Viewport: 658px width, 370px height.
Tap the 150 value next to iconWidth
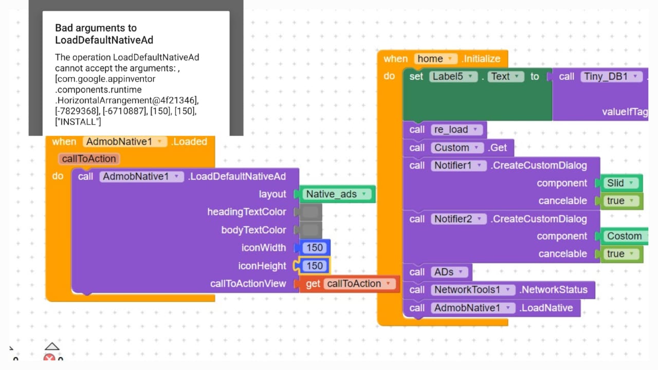coord(315,248)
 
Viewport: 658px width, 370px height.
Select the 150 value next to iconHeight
coord(315,266)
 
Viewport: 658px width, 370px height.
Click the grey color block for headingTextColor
coord(310,212)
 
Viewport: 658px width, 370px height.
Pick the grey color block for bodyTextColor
coord(310,230)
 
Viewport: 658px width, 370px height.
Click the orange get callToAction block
coord(350,284)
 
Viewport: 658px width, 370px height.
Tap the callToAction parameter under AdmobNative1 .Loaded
coord(89,159)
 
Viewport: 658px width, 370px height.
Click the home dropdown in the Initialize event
coord(435,59)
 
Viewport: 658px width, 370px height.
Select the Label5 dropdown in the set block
coord(453,77)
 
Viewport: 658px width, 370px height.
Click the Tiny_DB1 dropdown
coord(611,77)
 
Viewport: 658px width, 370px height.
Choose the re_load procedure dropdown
coord(456,129)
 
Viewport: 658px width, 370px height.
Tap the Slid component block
coord(621,183)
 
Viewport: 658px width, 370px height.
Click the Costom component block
coord(625,236)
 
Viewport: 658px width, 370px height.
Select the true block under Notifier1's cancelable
coord(621,201)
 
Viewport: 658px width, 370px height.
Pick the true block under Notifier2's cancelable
coord(621,254)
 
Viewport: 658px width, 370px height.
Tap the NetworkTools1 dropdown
coord(472,290)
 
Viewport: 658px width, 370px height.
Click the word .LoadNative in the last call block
coord(546,308)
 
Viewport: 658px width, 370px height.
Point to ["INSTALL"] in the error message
coord(78,122)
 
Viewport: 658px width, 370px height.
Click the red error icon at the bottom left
coord(49,357)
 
